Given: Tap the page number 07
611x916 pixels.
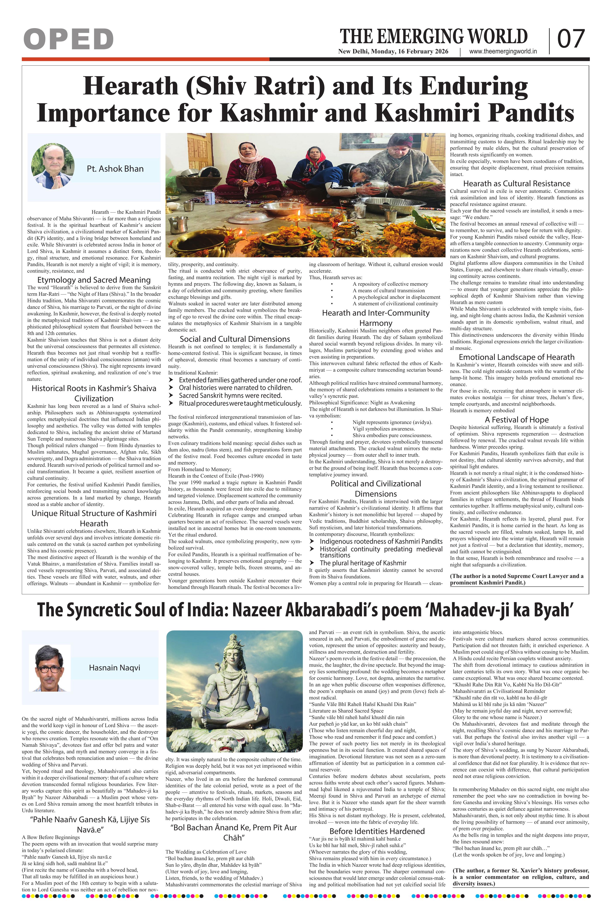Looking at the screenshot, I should [571, 39].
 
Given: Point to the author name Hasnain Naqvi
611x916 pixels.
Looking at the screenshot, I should [115, 668].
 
